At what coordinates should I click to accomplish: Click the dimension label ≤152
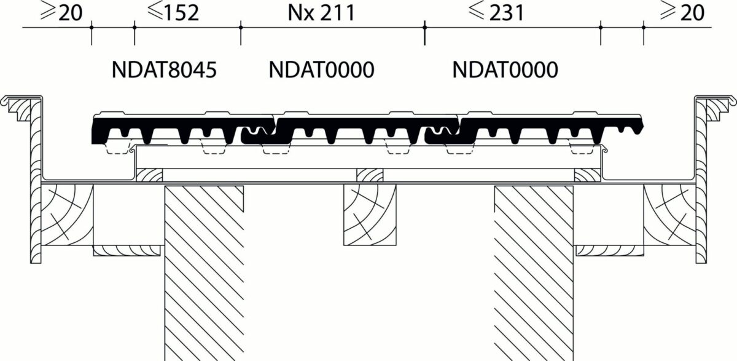173,12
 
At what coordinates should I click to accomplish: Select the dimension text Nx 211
321,12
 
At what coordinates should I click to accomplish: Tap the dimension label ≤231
496,12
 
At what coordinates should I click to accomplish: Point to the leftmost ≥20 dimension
61,12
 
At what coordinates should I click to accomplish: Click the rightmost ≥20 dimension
682,12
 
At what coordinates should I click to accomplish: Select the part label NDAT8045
164,69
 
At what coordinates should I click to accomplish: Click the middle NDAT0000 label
321,69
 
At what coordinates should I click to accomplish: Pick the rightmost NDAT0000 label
505,69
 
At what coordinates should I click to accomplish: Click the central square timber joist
370,215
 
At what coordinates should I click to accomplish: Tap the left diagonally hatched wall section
204,274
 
